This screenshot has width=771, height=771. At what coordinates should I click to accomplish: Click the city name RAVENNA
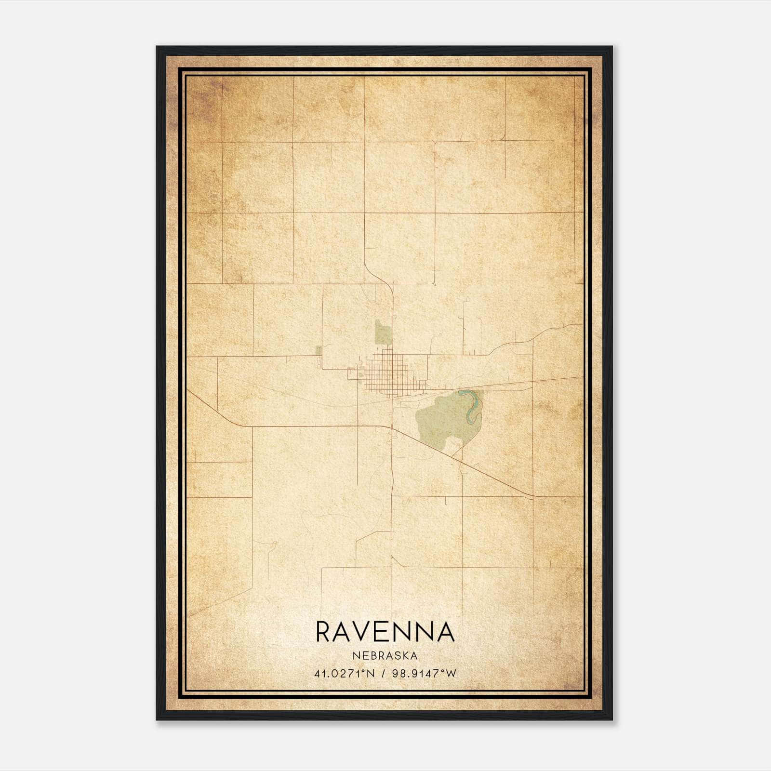[385, 632]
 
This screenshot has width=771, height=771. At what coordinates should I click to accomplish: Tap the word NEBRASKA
[385, 655]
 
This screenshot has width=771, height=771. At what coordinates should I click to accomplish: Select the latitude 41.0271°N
[344, 674]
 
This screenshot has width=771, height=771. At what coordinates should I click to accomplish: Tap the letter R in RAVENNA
[324, 632]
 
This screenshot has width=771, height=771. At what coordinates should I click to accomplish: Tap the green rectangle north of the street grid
[384, 332]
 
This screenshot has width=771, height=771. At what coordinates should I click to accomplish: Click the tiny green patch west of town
[319, 349]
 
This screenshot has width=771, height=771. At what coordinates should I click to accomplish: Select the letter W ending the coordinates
[451, 674]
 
